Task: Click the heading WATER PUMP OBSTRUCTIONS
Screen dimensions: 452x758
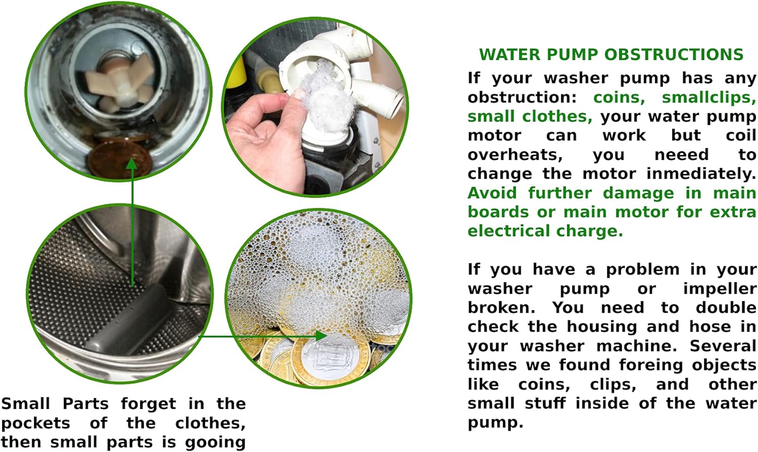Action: pyautogui.click(x=611, y=55)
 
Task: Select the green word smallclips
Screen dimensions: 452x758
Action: pyautogui.click(x=708, y=97)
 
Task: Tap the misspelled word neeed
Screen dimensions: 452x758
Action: pyautogui.click(x=681, y=155)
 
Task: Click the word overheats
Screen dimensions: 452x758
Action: pyautogui.click(x=514, y=155)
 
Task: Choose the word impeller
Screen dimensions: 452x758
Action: pyautogui.click(x=719, y=289)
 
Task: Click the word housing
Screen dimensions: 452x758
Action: pyautogui.click(x=601, y=327)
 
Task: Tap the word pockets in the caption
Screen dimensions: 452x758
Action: pyautogui.click(x=35, y=423)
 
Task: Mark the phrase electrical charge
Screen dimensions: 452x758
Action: pyautogui.click(x=545, y=231)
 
